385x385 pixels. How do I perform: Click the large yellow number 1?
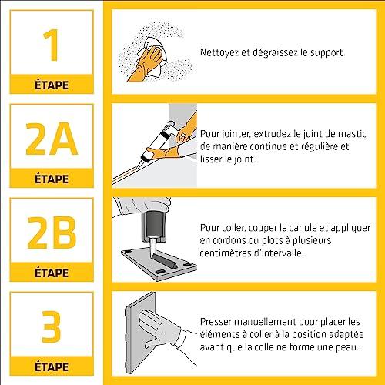pyautogui.click(x=52, y=45)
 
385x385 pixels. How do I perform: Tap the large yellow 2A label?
pyautogui.click(x=52, y=139)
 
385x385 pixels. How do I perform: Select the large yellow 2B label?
pyautogui.click(x=52, y=233)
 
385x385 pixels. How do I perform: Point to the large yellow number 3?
pyautogui.click(x=52, y=326)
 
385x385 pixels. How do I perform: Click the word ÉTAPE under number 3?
pyautogui.click(x=52, y=367)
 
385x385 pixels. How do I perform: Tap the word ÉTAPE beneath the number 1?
pyautogui.click(x=52, y=85)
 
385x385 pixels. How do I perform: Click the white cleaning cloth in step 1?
pyautogui.click(x=154, y=55)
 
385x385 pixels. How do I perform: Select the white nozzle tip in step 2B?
pyautogui.click(x=153, y=246)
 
